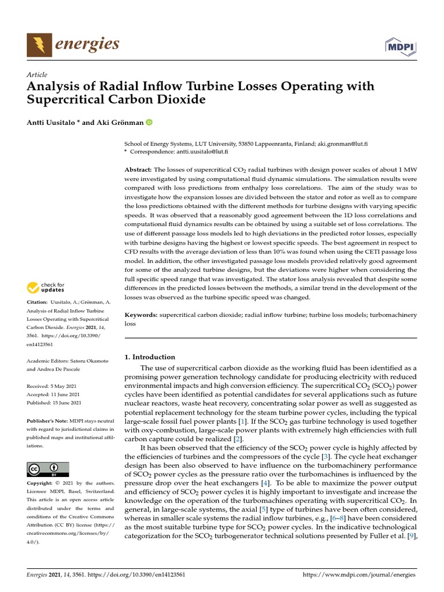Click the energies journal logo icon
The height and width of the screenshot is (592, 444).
pyautogui.click(x=39, y=45)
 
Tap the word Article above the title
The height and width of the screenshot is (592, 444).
pyautogui.click(x=37, y=75)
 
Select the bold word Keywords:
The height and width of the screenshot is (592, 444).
pyautogui.click(x=142, y=315)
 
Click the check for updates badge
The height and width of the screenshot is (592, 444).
pyautogui.click(x=46, y=287)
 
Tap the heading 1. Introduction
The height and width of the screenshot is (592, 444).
pyautogui.click(x=150, y=357)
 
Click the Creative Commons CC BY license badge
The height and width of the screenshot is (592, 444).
pyautogui.click(x=48, y=469)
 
